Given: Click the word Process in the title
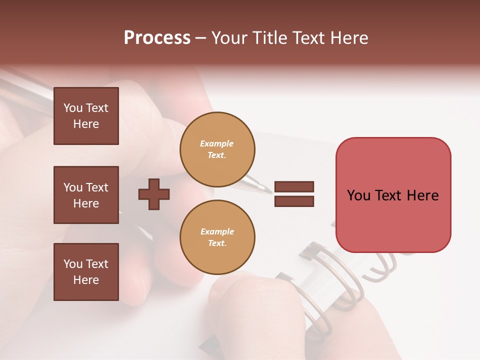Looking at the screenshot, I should coord(157,38).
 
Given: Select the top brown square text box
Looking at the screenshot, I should coord(86,116).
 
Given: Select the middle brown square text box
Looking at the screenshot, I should coord(86,195).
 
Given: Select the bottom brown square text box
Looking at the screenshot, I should coord(86,272).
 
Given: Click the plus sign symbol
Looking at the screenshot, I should coord(154,194).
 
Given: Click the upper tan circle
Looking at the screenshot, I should coord(217,149).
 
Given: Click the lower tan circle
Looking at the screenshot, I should coord(217,237).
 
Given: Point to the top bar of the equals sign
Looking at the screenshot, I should coord(294,186).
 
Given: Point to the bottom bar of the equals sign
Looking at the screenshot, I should coord(294,201).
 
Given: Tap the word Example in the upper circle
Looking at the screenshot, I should coord(216,143).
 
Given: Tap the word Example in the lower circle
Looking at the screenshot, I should coord(217,231).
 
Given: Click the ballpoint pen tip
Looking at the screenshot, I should coord(269,190).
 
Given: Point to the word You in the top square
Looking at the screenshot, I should coord(73,108).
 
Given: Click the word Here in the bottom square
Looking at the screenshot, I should coord(86,280).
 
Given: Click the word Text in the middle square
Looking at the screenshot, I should coord(97,187).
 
